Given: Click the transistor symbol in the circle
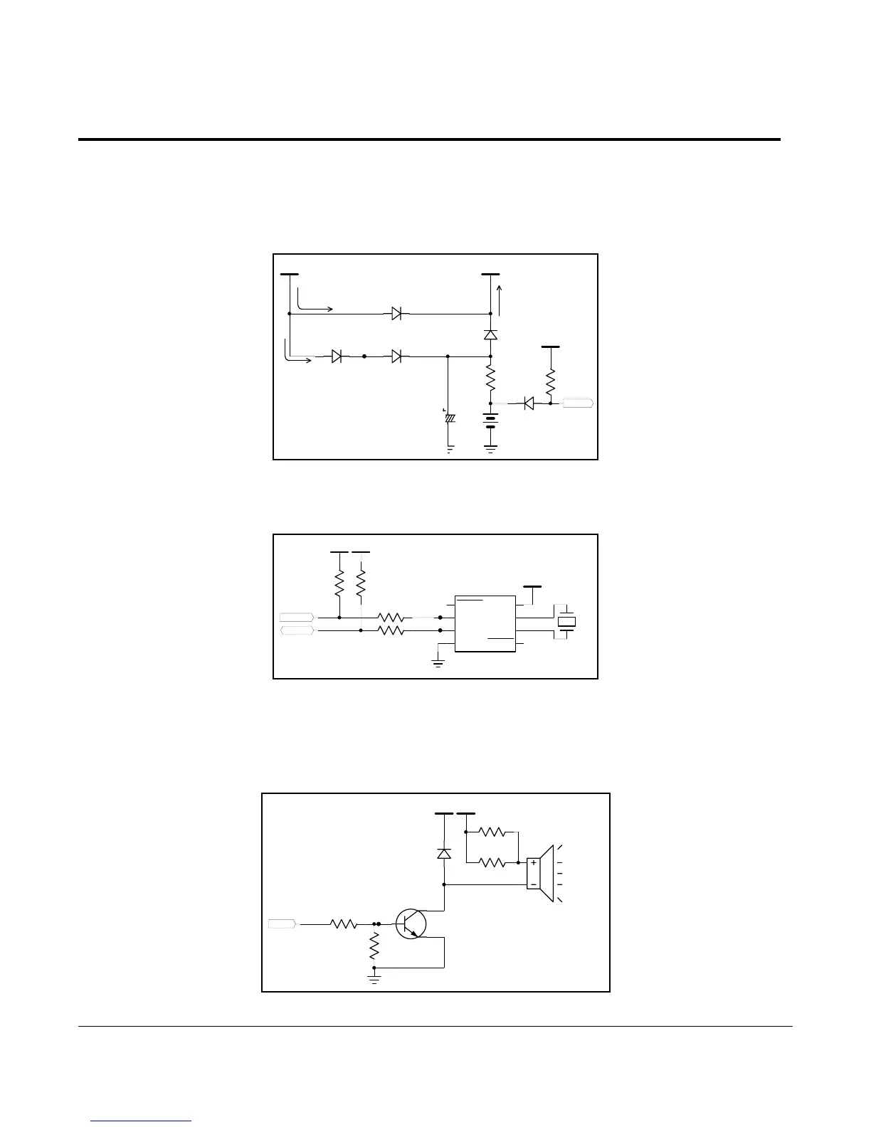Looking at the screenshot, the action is pyautogui.click(x=411, y=924).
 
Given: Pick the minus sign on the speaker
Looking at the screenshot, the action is pyautogui.click(x=533, y=884).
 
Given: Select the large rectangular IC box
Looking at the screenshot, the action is pyautogui.click(x=485, y=624).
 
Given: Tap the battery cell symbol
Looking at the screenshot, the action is pyautogui.click(x=490, y=422).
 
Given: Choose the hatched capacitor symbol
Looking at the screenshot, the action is pyautogui.click(x=449, y=418).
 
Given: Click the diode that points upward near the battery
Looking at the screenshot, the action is pyautogui.click(x=490, y=334).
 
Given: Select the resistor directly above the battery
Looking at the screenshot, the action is pyautogui.click(x=490, y=377).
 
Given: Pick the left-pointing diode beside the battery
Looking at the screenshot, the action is pyautogui.click(x=529, y=403).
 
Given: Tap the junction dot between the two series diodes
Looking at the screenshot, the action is pyautogui.click(x=364, y=356).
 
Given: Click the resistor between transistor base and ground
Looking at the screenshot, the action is pyautogui.click(x=374, y=946).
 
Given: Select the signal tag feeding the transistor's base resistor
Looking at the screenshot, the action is pyautogui.click(x=283, y=924).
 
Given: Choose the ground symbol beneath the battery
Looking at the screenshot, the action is pyautogui.click(x=490, y=448).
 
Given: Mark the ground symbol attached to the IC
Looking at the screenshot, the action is pyautogui.click(x=438, y=662).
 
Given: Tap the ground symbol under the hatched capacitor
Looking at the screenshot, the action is pyautogui.click(x=449, y=449).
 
